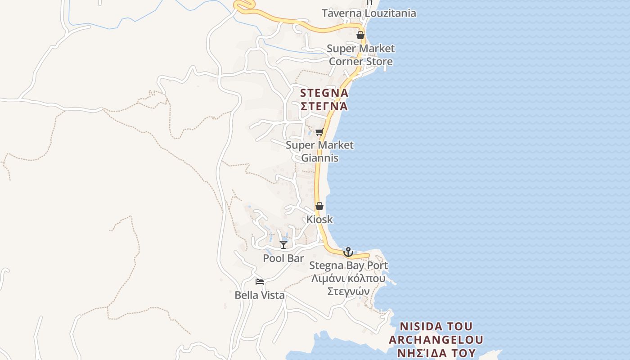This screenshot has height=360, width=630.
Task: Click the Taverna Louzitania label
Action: pos(369,13)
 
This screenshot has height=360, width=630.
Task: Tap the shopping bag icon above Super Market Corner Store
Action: pos(360,35)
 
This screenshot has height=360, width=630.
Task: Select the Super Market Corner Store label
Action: pos(360,55)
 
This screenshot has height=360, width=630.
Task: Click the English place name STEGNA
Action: pos(324,93)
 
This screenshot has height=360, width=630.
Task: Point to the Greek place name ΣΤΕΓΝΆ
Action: pos(324,107)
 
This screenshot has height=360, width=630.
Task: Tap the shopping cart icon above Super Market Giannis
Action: pos(319,132)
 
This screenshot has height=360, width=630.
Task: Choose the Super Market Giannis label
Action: pos(319,152)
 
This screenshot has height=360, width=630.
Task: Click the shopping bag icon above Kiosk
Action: pos(319,206)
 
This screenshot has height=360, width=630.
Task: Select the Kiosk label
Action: pos(319,219)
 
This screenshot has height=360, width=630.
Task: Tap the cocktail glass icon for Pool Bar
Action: pos(283,244)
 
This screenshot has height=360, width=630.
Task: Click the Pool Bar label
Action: pos(283,258)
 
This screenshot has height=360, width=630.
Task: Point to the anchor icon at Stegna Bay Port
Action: pos(348,252)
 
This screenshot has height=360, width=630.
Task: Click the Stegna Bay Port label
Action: pos(348,265)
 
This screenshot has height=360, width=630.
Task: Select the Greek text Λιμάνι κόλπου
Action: pos(348,278)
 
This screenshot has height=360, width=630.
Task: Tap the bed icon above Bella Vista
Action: pos(259,282)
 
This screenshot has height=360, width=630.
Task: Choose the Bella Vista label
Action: pos(260,295)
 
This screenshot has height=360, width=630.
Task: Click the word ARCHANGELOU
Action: pos(436,339)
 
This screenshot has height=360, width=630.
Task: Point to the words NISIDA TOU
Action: pos(436,326)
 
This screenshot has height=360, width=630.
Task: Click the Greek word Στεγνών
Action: pos(348,291)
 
